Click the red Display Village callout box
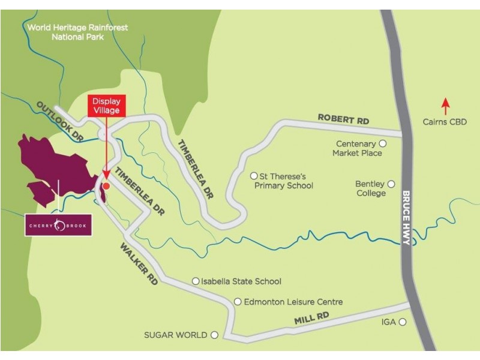(106, 106)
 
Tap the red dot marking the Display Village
(106, 186)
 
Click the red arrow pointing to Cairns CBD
(445, 106)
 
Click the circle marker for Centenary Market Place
(383, 144)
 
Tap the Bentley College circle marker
(391, 184)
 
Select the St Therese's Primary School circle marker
(253, 176)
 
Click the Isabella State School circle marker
(195, 281)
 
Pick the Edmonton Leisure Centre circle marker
(238, 302)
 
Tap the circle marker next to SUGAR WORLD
(214, 335)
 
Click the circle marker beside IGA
(403, 322)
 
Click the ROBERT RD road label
(343, 120)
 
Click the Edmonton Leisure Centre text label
(293, 302)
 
